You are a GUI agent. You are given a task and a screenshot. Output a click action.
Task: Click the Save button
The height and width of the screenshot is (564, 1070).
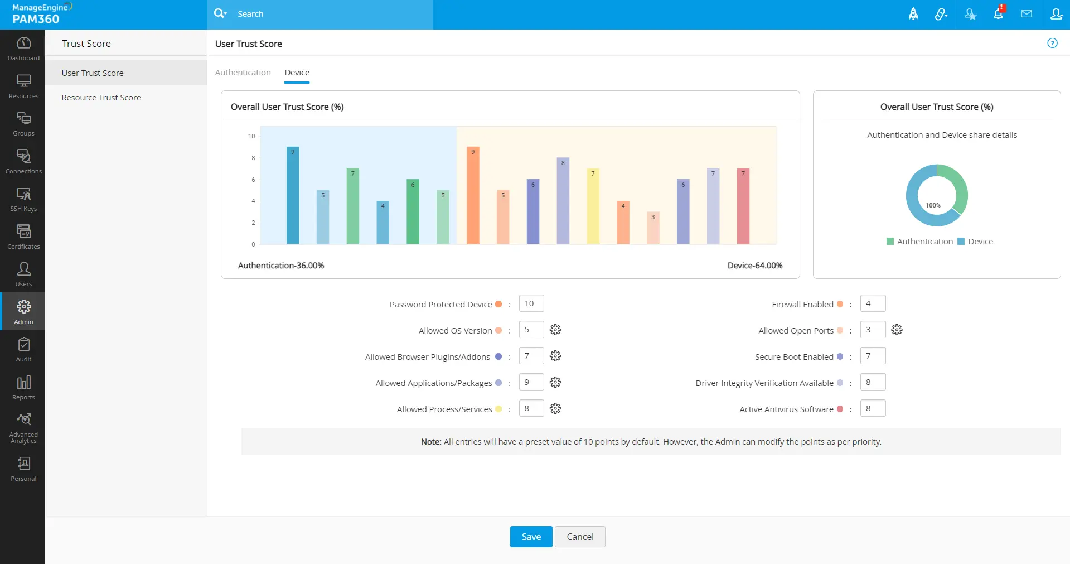[531, 537]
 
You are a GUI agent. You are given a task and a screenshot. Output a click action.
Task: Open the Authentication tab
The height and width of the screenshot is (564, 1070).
[243, 73]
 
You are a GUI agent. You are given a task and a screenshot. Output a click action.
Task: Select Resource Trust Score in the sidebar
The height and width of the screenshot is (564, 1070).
[101, 98]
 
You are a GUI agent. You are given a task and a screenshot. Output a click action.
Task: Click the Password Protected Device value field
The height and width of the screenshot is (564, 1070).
[531, 303]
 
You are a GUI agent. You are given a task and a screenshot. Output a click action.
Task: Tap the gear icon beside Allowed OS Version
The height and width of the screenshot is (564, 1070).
[555, 330]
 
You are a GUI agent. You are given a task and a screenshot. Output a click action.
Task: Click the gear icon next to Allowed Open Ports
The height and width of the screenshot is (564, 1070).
[897, 330]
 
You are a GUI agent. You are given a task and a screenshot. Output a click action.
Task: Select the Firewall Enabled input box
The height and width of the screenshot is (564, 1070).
[873, 303]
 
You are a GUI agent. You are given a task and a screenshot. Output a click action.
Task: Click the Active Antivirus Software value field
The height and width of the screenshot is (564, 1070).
[873, 408]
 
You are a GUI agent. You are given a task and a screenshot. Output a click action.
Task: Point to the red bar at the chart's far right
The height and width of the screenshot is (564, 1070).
[743, 206]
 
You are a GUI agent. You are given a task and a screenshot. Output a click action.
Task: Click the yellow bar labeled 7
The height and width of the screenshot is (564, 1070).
[593, 206]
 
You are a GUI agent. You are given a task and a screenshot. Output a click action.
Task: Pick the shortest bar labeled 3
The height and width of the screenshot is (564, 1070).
[653, 228]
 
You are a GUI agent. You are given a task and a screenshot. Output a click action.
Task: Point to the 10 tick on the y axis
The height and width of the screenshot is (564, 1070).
[251, 136]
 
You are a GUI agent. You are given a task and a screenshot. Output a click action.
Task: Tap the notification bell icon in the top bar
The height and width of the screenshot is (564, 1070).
[998, 14]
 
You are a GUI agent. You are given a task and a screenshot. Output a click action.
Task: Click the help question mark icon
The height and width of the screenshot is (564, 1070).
[1052, 43]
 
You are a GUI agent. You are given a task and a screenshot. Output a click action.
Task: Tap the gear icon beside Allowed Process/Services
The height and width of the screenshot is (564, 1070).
[555, 408]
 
